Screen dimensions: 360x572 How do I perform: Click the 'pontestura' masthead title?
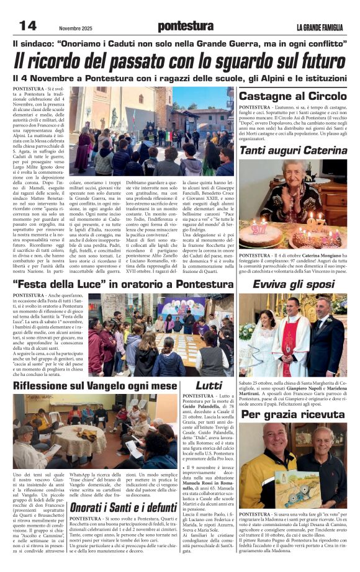point(185,25)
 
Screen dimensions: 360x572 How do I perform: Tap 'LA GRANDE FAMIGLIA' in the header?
point(319,27)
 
